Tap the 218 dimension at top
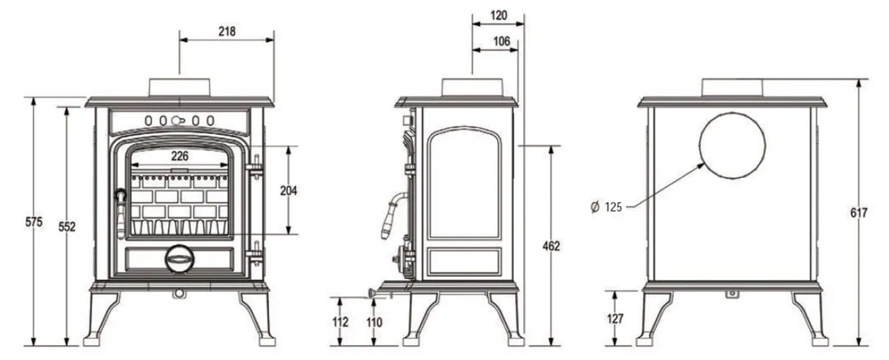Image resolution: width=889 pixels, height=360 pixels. pos(227,31)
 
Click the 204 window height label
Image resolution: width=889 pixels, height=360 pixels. pos(288,190)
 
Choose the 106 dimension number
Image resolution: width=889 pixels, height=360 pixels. pos(502,42)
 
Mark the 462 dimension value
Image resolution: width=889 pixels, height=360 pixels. pos(550,245)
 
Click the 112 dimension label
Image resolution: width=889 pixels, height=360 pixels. pos(341,322)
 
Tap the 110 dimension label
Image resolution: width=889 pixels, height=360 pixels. pos(375,322)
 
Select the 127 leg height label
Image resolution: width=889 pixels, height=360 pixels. pos(614,319)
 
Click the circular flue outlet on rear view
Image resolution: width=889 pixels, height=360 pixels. pos(730,146)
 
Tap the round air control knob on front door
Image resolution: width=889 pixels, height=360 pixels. pos(178,259)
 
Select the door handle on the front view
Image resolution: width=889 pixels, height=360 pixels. pos(119,207)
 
